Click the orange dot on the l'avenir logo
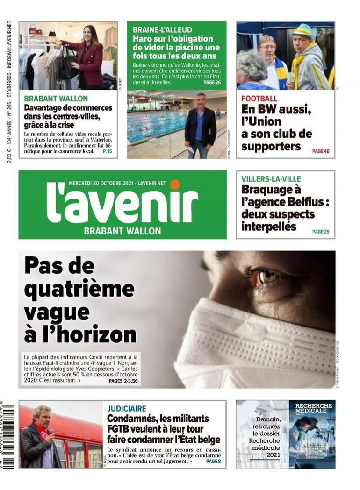(175, 185)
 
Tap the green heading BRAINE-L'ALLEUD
(162, 29)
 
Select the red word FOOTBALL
(259, 99)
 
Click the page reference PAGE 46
(321, 151)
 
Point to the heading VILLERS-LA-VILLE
(271, 179)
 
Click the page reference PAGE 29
(321, 231)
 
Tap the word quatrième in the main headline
(79, 290)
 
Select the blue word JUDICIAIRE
(126, 408)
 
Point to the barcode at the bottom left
(8, 437)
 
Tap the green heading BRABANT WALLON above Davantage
(56, 99)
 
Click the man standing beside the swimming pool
(200, 127)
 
